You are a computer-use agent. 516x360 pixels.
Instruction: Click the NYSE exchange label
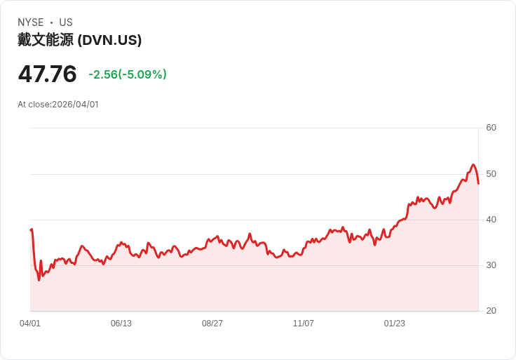(x=31, y=22)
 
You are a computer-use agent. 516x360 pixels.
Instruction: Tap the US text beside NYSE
(x=66, y=22)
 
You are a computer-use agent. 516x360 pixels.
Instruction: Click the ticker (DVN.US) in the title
(x=109, y=40)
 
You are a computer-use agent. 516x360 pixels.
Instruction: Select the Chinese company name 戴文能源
(x=45, y=40)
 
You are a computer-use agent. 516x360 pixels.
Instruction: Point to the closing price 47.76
(x=47, y=74)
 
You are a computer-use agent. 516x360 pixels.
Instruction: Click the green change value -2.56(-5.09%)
(x=128, y=74)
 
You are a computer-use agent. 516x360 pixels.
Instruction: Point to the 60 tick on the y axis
(x=491, y=128)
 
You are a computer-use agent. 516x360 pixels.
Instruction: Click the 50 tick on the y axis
(x=491, y=173)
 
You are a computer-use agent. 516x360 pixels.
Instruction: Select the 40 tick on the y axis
(x=491, y=220)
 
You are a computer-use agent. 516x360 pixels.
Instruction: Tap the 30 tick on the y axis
(x=491, y=265)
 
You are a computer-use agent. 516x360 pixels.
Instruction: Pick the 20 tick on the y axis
(x=491, y=311)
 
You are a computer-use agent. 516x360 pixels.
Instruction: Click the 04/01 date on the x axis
(x=30, y=324)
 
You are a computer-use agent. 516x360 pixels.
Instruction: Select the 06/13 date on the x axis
(x=121, y=324)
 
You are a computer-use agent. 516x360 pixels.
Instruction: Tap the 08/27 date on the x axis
(x=212, y=324)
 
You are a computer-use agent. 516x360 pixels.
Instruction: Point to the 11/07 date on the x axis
(x=304, y=324)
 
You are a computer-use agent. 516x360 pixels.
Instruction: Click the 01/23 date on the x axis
(x=395, y=324)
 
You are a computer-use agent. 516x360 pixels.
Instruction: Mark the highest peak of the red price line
(x=473, y=165)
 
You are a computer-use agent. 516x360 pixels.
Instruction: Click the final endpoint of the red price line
(x=478, y=183)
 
